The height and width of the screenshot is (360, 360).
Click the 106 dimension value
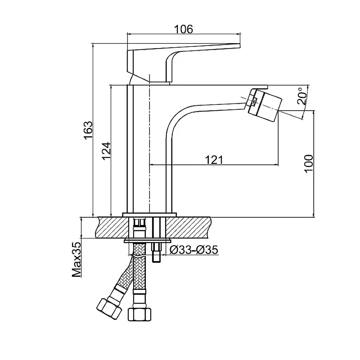click(x=184, y=29)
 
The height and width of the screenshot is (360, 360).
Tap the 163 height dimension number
click(x=88, y=130)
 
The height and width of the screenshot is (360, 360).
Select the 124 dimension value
click(x=106, y=151)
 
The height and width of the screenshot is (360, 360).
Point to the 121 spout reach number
click(x=214, y=160)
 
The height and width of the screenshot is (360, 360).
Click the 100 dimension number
click(x=309, y=163)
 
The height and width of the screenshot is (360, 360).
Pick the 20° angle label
click(x=302, y=96)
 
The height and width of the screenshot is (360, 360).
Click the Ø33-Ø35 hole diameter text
click(x=194, y=250)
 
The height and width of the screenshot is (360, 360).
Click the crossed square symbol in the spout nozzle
click(x=254, y=102)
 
